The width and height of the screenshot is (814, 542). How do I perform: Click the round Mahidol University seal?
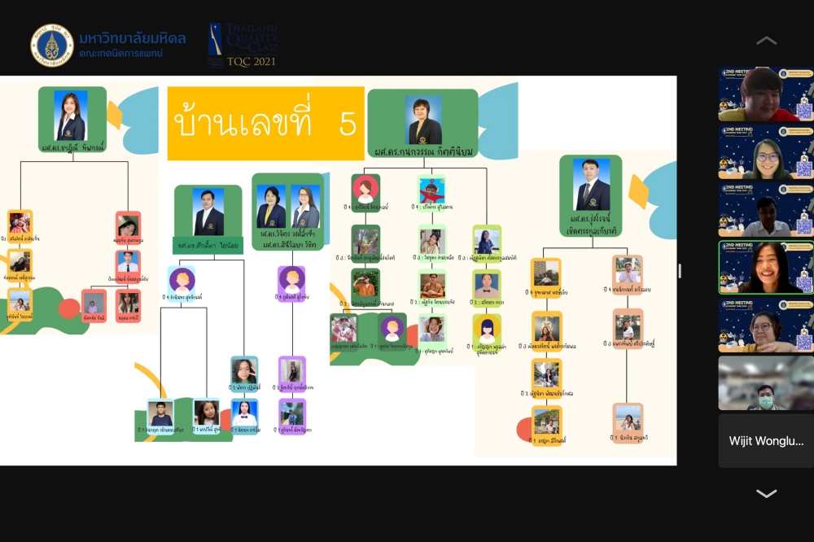(x=52, y=45)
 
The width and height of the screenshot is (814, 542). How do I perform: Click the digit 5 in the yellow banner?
(x=348, y=124)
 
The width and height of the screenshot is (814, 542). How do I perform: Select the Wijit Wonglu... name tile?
(x=765, y=441)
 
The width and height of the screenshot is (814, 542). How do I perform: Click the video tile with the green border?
(x=765, y=267)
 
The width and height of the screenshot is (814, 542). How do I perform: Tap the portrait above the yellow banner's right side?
(x=423, y=120)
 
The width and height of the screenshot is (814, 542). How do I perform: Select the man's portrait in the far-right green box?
(x=591, y=183)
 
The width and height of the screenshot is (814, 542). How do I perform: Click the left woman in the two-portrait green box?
(x=271, y=207)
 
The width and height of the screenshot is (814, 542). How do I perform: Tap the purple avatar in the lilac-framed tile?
(x=291, y=280)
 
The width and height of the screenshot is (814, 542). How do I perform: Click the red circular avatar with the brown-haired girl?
(x=365, y=189)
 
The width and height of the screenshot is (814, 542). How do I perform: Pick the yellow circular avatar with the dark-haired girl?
(x=487, y=328)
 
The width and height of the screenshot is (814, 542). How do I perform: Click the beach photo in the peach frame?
(x=628, y=417)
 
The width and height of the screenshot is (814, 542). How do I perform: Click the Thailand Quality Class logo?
(x=242, y=45)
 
